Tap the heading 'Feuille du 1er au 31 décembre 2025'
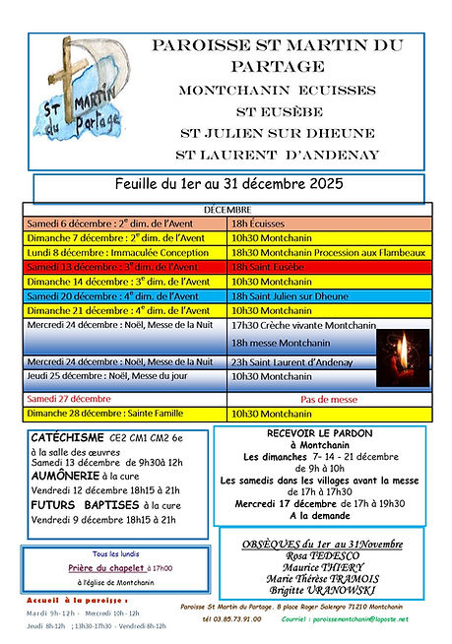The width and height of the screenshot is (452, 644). (227, 185)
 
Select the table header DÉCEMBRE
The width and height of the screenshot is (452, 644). (226, 210)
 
